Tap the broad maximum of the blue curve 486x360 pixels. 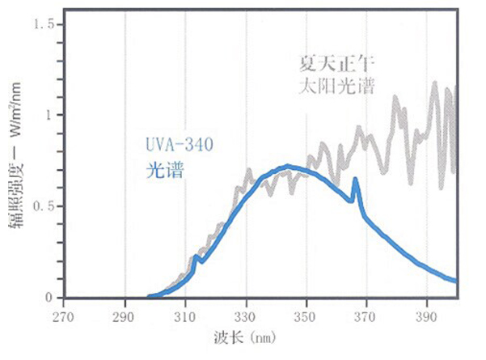pos(287,167)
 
